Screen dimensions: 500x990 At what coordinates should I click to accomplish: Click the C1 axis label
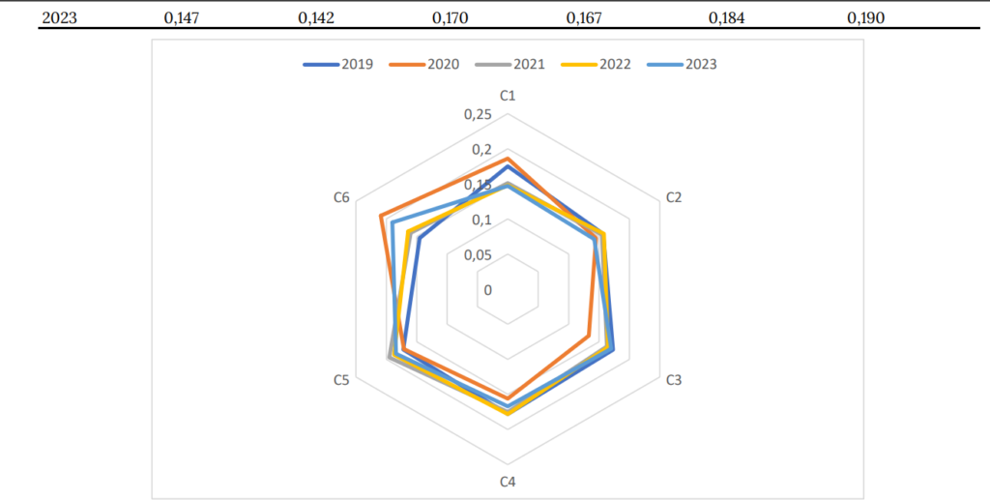pyautogui.click(x=508, y=96)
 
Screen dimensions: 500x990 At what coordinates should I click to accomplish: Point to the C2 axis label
pyautogui.click(x=674, y=197)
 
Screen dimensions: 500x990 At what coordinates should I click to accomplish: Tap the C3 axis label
pyautogui.click(x=674, y=380)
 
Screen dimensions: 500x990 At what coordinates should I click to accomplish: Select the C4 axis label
pyautogui.click(x=508, y=481)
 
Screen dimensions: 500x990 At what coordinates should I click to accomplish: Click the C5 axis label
pyautogui.click(x=341, y=380)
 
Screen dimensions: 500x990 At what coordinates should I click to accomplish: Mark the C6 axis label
pyautogui.click(x=341, y=197)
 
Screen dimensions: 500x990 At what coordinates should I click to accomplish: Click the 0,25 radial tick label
pyautogui.click(x=478, y=115)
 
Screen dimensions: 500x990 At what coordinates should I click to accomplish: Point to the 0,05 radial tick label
pyautogui.click(x=478, y=255)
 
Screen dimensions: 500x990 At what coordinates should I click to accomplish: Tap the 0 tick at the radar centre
pyautogui.click(x=488, y=290)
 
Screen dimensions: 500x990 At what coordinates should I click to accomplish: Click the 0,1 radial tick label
pyautogui.click(x=481, y=221)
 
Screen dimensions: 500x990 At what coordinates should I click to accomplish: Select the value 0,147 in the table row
pyautogui.click(x=181, y=17)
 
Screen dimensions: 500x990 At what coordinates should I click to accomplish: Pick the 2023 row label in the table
pyautogui.click(x=59, y=17)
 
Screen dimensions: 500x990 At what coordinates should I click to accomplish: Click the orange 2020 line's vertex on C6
pyautogui.click(x=381, y=215)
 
